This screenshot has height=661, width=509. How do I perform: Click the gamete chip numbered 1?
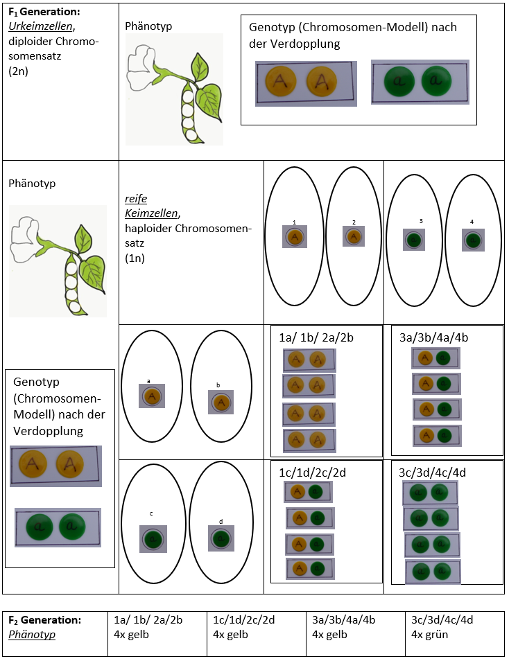[295, 237]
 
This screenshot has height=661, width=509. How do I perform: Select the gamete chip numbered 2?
[354, 237]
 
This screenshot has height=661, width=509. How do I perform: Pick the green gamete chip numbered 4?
[473, 240]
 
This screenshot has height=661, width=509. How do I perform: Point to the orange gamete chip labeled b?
[221, 402]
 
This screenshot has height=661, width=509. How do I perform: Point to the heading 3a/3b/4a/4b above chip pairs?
[434, 337]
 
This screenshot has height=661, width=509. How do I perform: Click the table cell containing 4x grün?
[454, 633]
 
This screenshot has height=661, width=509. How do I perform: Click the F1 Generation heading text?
[44, 12]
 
